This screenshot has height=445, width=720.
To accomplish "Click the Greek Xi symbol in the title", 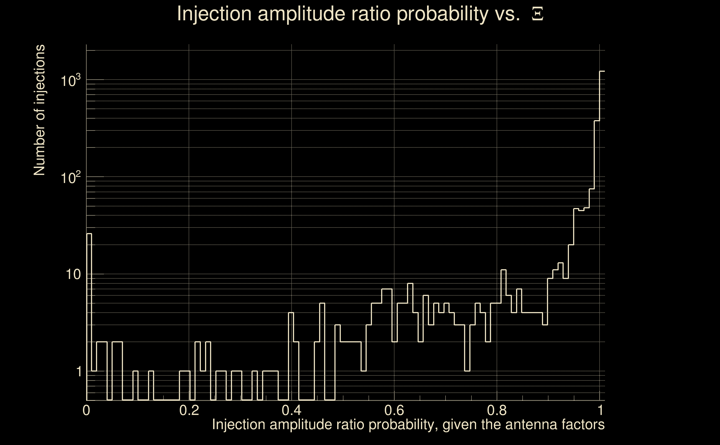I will point(537,14).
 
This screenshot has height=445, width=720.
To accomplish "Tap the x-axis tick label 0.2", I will point(189,410).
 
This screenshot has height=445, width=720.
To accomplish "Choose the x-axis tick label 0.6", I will point(394,410).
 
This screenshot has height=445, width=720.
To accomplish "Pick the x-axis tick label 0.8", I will point(497,410).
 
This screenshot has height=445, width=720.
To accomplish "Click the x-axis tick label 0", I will point(86,410).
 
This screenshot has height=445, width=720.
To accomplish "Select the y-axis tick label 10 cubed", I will point(71,80).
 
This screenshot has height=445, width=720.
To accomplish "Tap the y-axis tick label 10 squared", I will point(71,177).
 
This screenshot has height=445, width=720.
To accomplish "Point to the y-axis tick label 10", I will point(73,274).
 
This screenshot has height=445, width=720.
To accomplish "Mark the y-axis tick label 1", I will point(79,371).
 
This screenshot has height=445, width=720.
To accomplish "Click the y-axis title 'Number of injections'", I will point(39,110).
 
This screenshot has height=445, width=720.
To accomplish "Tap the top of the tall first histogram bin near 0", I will point(89,234).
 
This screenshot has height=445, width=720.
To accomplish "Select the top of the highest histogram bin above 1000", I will point(602,71).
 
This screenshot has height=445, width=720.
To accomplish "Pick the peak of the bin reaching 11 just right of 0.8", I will point(503,270).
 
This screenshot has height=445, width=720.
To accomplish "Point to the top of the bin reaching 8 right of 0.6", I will point(410,283).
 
